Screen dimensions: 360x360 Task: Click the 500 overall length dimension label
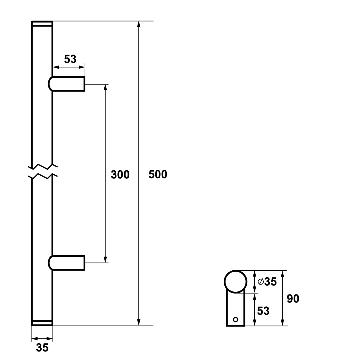[x=158, y=174]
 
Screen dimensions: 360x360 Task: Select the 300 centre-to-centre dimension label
[x=120, y=175]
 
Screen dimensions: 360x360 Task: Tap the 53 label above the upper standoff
[x=70, y=59]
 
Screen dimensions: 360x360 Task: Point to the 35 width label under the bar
[x=42, y=348]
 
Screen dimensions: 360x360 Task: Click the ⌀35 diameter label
[x=267, y=282]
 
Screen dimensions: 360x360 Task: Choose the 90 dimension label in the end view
[x=293, y=299]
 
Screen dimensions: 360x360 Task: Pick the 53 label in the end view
[x=263, y=311]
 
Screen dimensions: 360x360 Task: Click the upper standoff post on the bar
[x=66, y=84]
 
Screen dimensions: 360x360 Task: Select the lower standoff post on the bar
[x=66, y=263]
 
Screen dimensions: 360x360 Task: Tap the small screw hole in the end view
[x=235, y=319]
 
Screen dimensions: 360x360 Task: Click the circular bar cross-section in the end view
[x=236, y=282]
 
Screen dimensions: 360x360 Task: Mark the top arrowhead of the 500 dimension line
[x=138, y=24]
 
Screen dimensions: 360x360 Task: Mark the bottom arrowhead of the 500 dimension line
[x=138, y=322]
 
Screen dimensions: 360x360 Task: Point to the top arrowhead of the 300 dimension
[x=105, y=87]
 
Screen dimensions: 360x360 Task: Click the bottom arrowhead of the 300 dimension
[x=105, y=259]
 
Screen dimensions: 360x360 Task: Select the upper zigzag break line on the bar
[x=42, y=166]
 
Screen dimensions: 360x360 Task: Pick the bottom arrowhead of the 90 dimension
[x=283, y=322]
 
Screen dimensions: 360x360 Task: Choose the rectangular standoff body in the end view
[x=236, y=308]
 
